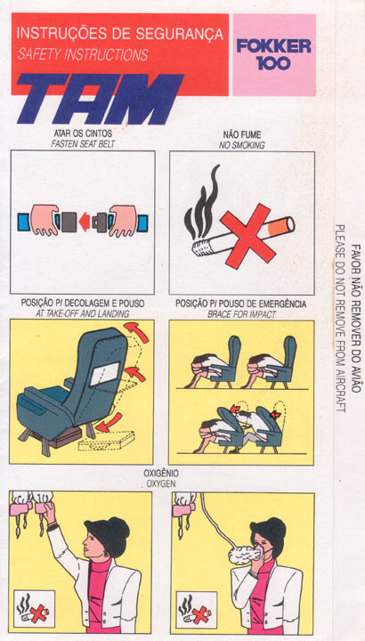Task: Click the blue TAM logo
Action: point(100,99)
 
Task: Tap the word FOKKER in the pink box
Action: point(274,45)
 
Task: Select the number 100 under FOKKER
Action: point(274,63)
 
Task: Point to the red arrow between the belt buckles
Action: point(85,222)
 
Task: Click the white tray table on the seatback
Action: point(105,374)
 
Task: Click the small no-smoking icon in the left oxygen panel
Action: point(34,609)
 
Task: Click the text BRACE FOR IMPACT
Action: point(241,315)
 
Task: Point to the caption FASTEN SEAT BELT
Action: point(83,144)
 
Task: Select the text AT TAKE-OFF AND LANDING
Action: point(83,313)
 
